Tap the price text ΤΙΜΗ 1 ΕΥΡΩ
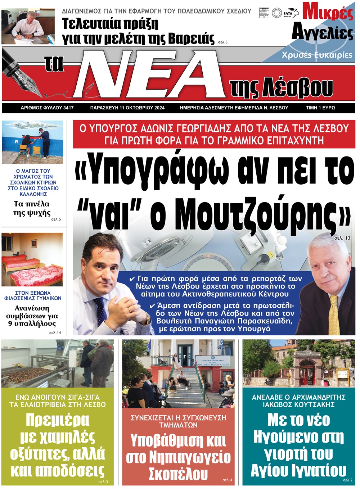pyautogui.click(x=320, y=108)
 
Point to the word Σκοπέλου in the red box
pyautogui.click(x=178, y=474)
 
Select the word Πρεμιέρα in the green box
pyautogui.click(x=58, y=420)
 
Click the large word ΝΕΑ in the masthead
pyautogui.click(x=151, y=74)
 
